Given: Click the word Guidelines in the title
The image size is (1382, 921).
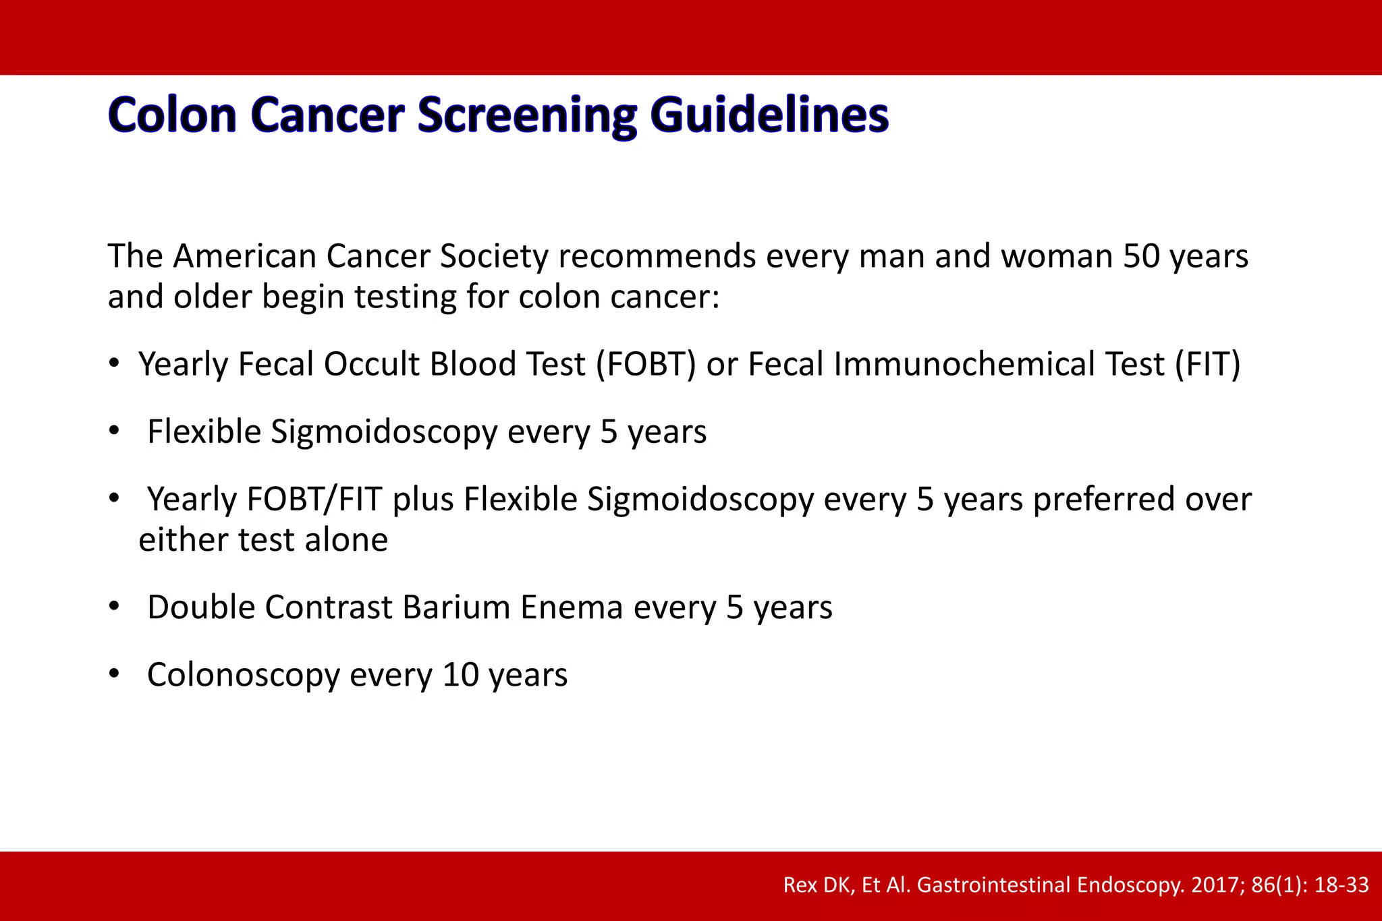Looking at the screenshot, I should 769,116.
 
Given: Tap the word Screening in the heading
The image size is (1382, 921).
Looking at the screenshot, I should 526,116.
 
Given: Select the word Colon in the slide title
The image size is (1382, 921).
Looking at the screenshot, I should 172,115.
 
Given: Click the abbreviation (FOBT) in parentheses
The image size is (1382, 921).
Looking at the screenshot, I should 645,365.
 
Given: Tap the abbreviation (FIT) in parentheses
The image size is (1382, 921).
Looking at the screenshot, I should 1207,365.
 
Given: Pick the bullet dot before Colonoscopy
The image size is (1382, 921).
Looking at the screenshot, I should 115,674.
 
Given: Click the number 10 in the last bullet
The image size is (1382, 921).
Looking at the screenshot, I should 460,675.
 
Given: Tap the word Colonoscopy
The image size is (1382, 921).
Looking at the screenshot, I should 243,675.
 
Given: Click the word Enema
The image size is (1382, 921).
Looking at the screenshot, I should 571,607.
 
